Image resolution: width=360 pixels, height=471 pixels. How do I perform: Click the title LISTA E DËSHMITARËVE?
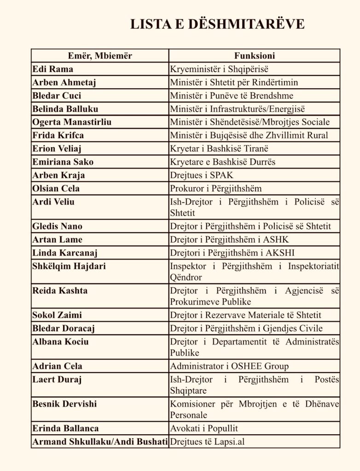[x=217, y=24]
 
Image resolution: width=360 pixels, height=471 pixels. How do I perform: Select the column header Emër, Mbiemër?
[x=100, y=56]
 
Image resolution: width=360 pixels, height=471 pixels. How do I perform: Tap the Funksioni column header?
[x=255, y=56]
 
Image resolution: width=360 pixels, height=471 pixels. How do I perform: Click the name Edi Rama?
[x=53, y=69]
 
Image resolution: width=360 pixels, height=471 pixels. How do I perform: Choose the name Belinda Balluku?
[x=65, y=109]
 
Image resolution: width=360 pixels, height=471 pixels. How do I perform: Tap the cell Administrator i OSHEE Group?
[x=229, y=366]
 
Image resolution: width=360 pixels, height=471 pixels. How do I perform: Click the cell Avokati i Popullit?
[x=204, y=428]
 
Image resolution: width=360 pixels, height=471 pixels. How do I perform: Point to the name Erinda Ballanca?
[x=65, y=428]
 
